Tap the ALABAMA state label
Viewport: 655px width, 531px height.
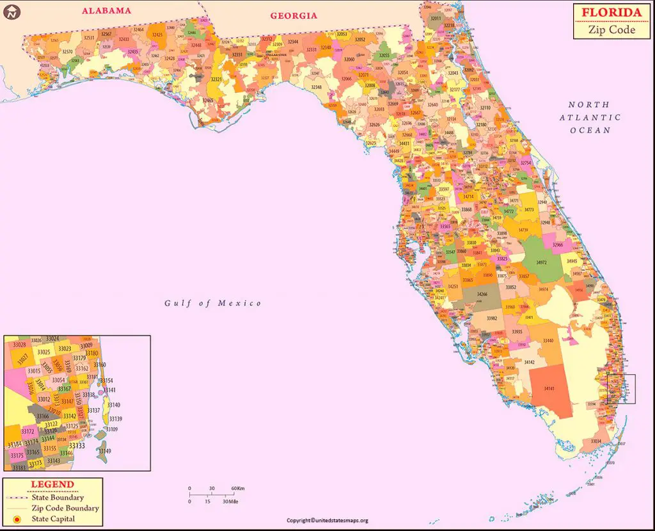coord(106,10)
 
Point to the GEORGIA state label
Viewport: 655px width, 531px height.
coord(293,15)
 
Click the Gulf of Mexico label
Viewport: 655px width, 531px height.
coord(212,303)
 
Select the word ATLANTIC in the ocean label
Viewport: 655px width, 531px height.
coord(590,117)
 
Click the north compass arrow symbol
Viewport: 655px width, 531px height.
coord(11,11)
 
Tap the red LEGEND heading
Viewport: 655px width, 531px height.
coord(52,485)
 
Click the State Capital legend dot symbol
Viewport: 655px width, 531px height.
coord(17,519)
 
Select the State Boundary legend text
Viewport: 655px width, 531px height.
coord(58,497)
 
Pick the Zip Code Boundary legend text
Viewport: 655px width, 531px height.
coord(65,508)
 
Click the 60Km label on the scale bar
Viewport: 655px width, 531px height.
coord(238,489)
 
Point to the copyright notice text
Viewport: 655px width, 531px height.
coord(327,520)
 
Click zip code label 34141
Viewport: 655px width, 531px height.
coord(548,388)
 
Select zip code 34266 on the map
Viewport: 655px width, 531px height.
coord(481,294)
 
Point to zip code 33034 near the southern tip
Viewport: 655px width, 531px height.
coord(596,441)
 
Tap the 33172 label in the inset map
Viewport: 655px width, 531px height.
coord(28,432)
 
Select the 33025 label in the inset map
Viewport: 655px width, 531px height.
coord(43,352)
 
